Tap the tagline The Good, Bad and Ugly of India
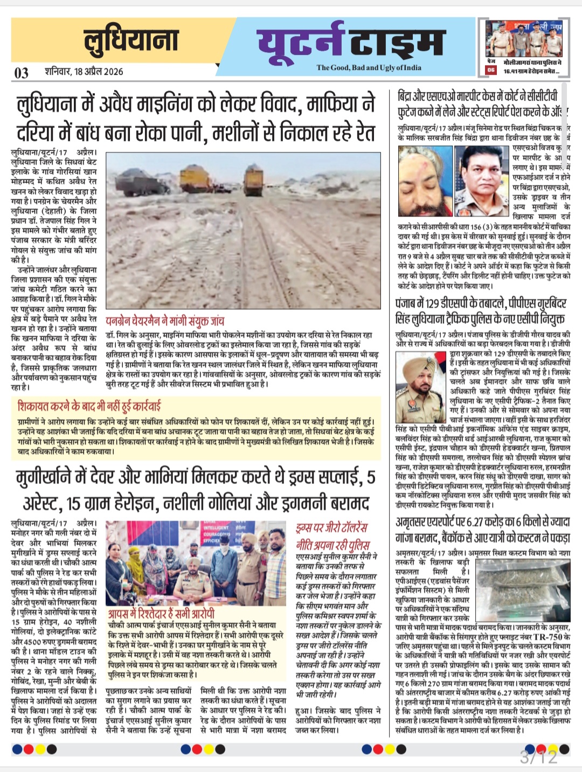tap(369, 67)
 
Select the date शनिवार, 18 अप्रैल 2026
tap(84, 72)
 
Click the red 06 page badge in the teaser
tap(491, 70)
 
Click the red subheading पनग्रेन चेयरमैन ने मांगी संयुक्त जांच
tap(165, 322)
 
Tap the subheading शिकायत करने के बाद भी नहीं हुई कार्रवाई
tap(89, 406)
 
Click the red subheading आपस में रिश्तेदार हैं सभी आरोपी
tap(161, 614)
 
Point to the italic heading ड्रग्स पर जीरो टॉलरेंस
tap(332, 527)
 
